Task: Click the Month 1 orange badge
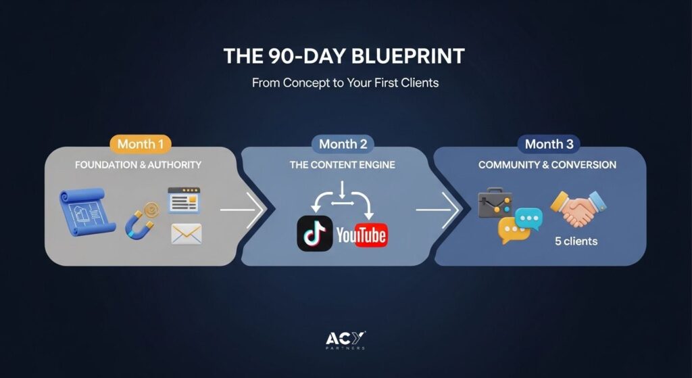(x=141, y=145)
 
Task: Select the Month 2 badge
(x=343, y=145)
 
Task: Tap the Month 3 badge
(x=549, y=145)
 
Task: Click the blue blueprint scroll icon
(x=87, y=212)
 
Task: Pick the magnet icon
(x=139, y=221)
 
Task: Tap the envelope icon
(x=187, y=233)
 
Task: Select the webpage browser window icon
(x=184, y=200)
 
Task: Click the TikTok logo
(x=315, y=233)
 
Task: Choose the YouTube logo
(x=362, y=235)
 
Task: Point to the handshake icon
(x=578, y=208)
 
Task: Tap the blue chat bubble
(x=528, y=219)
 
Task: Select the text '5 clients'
(x=576, y=241)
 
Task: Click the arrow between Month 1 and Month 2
(x=242, y=210)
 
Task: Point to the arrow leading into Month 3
(x=437, y=210)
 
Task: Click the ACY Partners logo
(x=345, y=340)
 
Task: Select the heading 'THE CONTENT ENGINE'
(x=343, y=165)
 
